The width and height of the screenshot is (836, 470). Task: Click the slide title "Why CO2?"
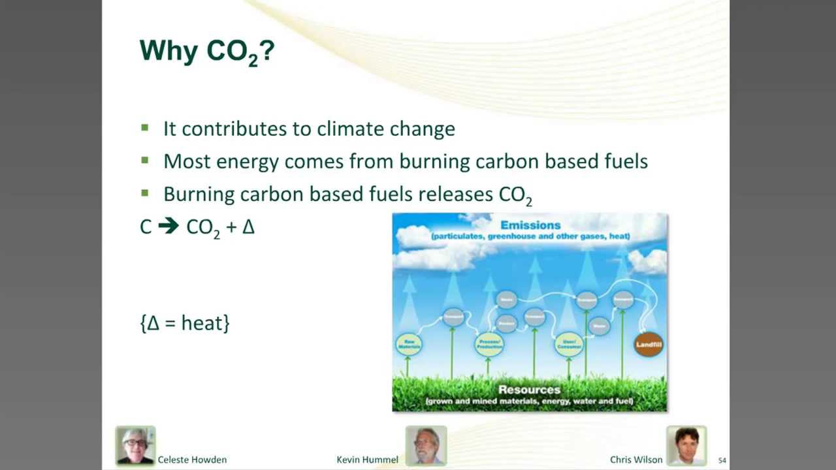click(206, 51)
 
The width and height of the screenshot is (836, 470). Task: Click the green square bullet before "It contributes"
click(145, 128)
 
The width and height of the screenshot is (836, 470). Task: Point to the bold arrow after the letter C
click(169, 227)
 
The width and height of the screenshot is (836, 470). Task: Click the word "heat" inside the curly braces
click(202, 322)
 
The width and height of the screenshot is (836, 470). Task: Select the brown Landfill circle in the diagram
click(649, 345)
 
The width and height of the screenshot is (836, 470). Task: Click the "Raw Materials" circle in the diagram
click(409, 345)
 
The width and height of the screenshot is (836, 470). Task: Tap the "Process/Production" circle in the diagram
click(489, 345)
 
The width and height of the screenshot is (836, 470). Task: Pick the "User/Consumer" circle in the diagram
click(568, 345)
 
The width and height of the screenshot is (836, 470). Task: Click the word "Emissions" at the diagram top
click(530, 225)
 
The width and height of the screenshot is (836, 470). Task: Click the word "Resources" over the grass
click(529, 390)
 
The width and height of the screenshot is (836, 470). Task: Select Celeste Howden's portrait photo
click(136, 445)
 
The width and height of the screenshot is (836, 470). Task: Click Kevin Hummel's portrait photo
click(426, 445)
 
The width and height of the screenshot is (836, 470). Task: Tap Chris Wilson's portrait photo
click(686, 445)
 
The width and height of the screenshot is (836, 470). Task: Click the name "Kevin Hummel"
click(367, 460)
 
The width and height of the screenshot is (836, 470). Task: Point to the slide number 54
click(722, 460)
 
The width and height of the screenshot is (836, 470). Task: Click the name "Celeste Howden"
click(192, 460)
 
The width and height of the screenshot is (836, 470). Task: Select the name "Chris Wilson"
click(636, 460)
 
